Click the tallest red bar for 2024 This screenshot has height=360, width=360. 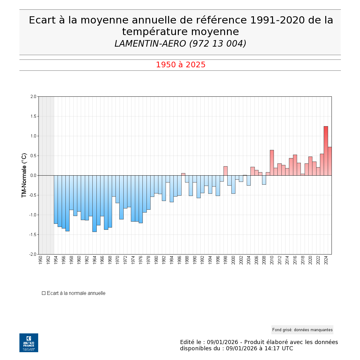pos(326,151)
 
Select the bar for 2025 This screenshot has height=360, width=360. pos(330,161)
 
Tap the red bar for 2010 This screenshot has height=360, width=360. pos(272,163)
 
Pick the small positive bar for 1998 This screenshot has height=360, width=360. pos(225,171)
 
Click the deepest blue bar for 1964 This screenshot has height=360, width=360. pos(94,203)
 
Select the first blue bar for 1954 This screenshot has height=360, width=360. pos(56,199)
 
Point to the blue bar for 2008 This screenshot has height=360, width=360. pos(264,180)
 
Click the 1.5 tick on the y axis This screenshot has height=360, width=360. pos(33,116)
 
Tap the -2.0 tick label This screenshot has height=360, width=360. pos(33,254)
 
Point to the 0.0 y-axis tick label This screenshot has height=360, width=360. pos(33,175)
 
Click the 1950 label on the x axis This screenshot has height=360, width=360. pos(40,260)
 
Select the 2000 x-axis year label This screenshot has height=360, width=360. pos(233,260)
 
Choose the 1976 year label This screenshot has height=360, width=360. pos(141,260)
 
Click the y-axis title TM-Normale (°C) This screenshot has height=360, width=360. pos(24,175)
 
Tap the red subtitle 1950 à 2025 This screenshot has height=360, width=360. pos(181,65)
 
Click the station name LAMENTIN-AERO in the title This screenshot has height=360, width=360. pos(150,44)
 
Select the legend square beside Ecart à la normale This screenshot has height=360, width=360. pos(44,293)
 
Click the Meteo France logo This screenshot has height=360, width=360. pos(29,342)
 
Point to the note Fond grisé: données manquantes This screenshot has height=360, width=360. pos(302,330)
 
